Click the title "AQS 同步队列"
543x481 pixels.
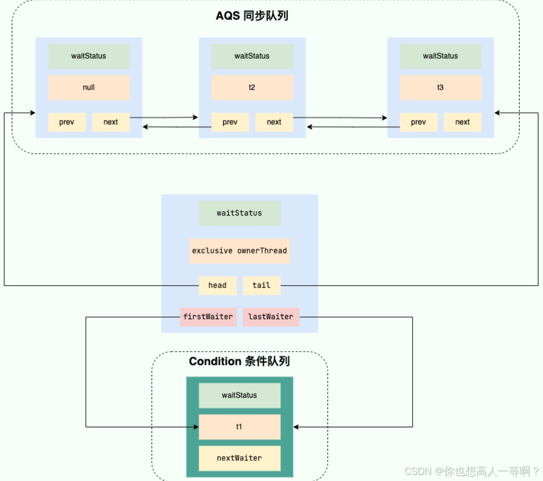click(x=252, y=16)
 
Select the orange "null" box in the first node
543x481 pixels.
click(x=89, y=87)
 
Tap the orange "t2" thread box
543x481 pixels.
click(x=252, y=87)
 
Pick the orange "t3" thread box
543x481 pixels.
click(x=440, y=87)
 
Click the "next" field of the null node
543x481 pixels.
click(x=111, y=122)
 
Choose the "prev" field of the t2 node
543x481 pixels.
click(x=230, y=122)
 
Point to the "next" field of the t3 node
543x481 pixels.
click(x=463, y=122)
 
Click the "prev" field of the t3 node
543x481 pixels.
click(x=419, y=122)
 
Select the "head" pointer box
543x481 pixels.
click(x=217, y=285)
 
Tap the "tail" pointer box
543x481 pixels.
click(x=261, y=285)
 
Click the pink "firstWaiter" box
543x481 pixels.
click(x=208, y=317)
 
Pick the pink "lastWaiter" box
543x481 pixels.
click(x=271, y=317)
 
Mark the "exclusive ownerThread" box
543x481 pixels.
click(x=239, y=251)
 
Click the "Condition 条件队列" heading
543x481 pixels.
click(x=239, y=362)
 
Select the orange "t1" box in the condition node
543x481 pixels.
click(x=239, y=427)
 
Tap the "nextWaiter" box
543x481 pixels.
click(x=239, y=458)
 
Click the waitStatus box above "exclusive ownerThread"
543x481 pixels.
click(x=239, y=213)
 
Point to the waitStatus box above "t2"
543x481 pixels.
click(x=252, y=56)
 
